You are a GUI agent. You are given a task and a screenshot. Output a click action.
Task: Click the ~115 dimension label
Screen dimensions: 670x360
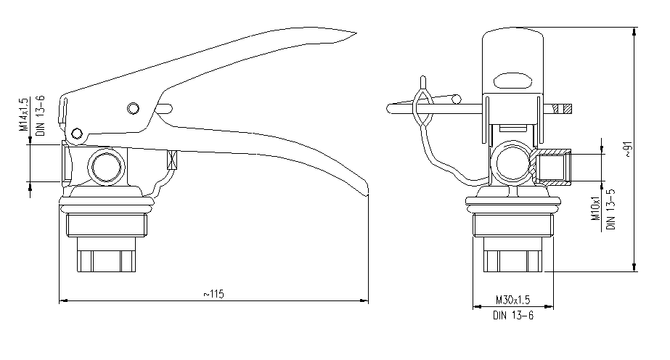(213, 294)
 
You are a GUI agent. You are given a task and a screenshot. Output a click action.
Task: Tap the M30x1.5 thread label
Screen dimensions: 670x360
(512, 300)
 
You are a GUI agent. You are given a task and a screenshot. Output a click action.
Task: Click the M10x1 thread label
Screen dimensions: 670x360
(596, 208)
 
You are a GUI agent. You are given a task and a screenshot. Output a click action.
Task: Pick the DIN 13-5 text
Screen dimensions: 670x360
(611, 209)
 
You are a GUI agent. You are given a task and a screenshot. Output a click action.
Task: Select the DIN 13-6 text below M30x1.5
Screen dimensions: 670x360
(513, 316)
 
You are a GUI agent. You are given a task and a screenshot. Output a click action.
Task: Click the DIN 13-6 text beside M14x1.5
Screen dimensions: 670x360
(40, 115)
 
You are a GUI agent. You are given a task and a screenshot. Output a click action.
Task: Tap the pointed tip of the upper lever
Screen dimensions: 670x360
(356, 33)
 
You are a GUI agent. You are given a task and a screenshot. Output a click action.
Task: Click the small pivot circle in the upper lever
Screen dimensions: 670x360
(134, 108)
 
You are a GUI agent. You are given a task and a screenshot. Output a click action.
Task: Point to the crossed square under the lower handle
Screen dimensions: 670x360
(172, 160)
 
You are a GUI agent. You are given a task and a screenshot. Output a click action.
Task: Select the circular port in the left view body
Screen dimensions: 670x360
(107, 166)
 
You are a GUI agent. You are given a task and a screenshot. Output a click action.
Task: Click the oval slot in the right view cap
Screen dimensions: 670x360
(512, 81)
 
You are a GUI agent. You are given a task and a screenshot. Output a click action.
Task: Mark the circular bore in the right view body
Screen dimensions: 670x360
(512, 163)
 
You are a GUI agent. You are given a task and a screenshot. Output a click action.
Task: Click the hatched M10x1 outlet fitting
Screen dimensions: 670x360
(552, 167)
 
